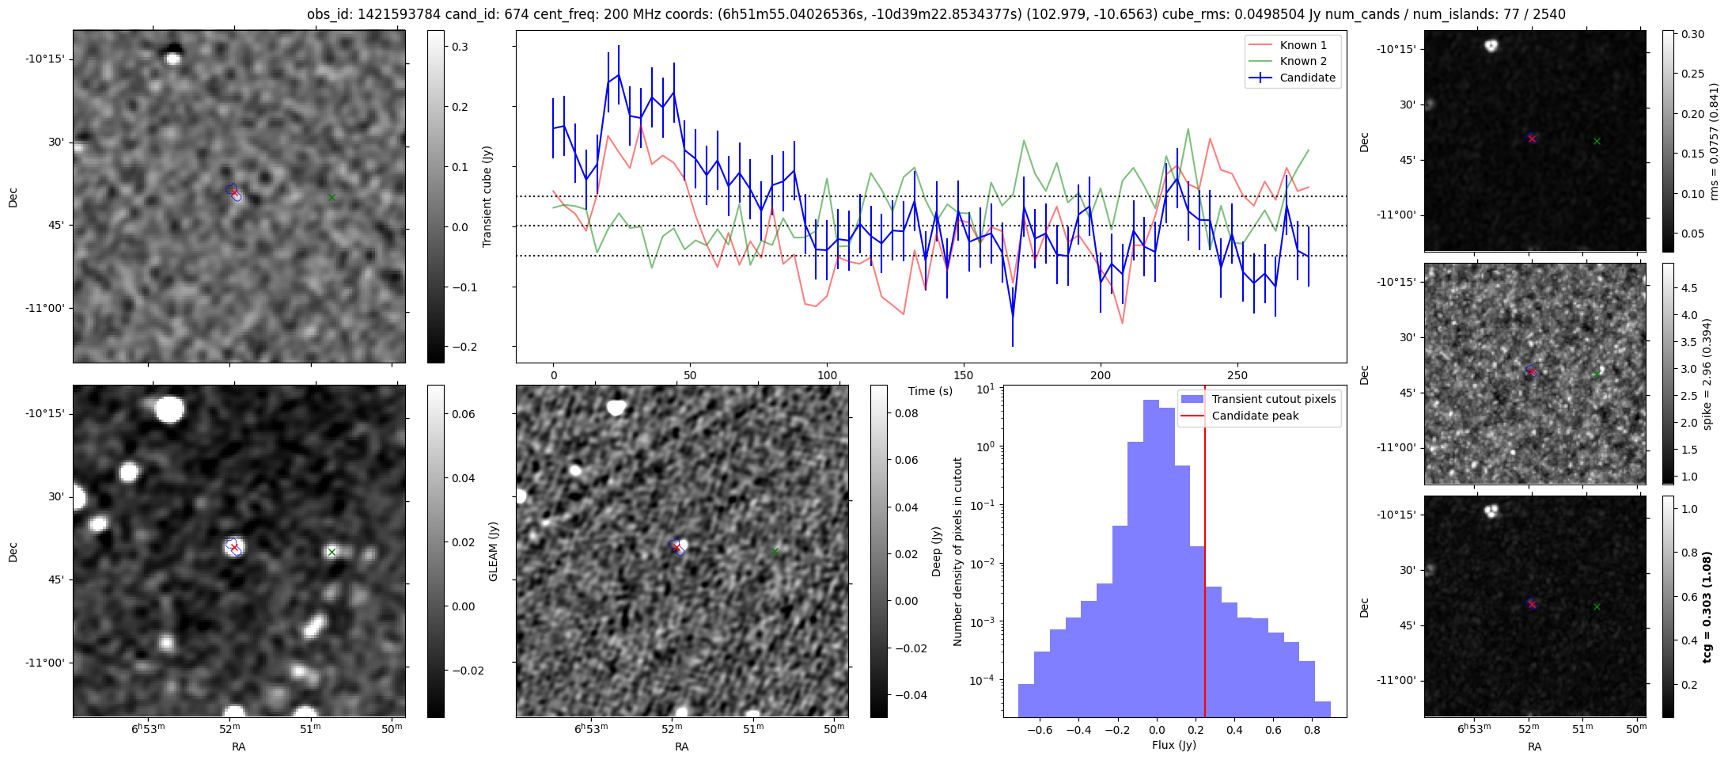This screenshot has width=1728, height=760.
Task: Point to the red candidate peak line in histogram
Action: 1205,554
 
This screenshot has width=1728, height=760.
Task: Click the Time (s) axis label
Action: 930,391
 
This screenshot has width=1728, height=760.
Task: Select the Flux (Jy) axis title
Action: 1174,745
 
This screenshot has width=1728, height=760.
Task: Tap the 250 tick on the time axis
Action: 1237,375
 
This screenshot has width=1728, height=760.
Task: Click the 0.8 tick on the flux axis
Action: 1312,730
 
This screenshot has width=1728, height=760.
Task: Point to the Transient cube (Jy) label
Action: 487,196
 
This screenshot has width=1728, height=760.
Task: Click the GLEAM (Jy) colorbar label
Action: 494,551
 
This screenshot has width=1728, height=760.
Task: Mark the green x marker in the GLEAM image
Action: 332,552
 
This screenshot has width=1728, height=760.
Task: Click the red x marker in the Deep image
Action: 676,548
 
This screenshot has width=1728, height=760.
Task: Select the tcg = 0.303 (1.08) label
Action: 1707,607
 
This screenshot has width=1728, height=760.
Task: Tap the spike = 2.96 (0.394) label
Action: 1707,374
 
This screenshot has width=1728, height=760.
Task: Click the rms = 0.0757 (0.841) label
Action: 1714,142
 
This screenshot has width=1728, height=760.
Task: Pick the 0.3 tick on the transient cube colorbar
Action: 460,47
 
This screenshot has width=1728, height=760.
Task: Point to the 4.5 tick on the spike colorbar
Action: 1688,288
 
